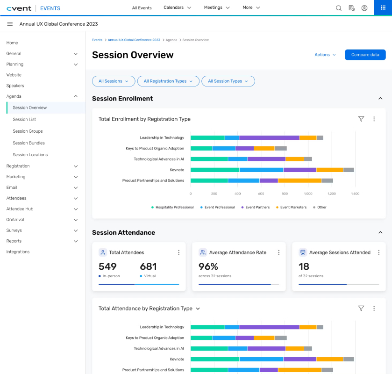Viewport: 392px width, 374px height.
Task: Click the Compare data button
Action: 365,55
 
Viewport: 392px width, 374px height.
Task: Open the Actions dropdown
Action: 325,55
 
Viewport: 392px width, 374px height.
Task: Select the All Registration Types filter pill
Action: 168,81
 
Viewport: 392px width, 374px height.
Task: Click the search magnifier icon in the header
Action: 338,8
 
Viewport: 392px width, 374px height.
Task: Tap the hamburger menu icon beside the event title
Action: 10,24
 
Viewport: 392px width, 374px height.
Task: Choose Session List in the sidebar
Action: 24,119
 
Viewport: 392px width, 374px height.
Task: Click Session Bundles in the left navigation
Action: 29,143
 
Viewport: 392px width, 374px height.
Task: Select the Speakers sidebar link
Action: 15,86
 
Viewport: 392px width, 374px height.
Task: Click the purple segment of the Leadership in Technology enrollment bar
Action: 269,137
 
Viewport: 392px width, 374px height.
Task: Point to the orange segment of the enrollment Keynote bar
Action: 330,170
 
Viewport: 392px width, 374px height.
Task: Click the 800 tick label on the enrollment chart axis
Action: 285,194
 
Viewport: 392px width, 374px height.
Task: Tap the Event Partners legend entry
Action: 256,207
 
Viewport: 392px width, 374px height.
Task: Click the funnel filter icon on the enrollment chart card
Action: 361,119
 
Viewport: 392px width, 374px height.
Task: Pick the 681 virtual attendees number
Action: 148,266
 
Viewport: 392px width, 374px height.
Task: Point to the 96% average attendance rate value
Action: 208,266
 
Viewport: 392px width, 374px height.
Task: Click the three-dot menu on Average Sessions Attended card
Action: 379,252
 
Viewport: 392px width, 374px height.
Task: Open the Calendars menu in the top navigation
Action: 177,7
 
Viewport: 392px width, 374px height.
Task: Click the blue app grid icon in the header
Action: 383,8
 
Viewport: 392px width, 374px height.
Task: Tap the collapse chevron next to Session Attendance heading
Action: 380,232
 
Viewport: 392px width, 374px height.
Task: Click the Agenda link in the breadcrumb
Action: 171,40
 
